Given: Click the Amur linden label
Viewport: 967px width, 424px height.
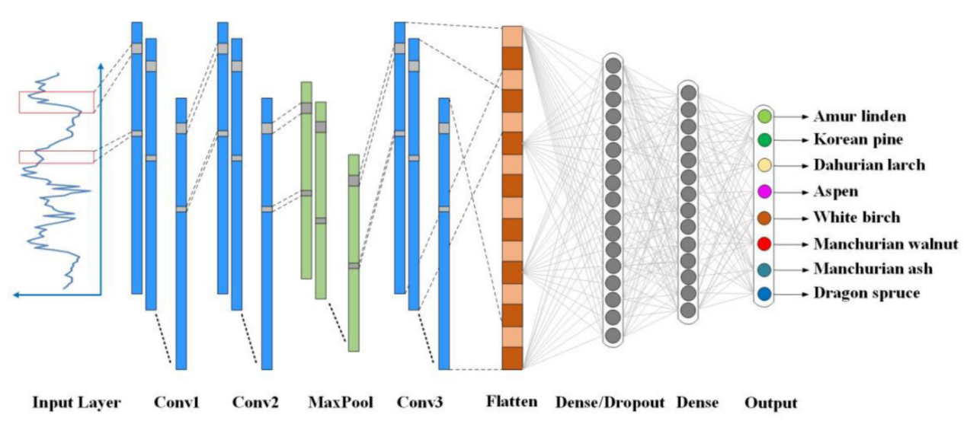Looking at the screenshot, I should [x=860, y=116].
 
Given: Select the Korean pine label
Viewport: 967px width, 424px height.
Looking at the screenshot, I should [x=858, y=141].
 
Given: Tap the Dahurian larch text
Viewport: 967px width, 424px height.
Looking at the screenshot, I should [x=869, y=165].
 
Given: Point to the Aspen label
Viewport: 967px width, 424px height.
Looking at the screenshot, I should [x=835, y=192].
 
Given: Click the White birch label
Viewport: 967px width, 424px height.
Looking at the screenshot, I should [x=857, y=218].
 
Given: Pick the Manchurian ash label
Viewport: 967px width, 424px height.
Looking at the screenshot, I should [x=873, y=269].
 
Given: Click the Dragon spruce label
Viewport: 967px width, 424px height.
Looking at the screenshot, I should [x=866, y=293].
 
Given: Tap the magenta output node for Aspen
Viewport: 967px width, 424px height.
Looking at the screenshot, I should [x=765, y=192].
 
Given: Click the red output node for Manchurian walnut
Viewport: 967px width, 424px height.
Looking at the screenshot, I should [x=765, y=244].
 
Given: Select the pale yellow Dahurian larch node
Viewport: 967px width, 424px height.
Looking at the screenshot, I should [x=765, y=166].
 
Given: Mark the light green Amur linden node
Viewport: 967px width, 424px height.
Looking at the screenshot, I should [x=765, y=116].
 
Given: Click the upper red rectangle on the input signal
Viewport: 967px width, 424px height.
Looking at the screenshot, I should [x=57, y=101].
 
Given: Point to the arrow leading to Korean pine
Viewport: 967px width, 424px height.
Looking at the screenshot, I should [x=792, y=141].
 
